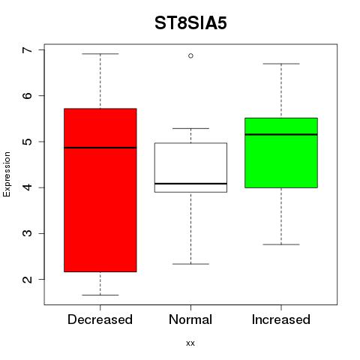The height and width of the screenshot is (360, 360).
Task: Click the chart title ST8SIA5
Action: tap(190, 23)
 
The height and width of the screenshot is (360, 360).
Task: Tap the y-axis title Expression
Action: tap(7, 174)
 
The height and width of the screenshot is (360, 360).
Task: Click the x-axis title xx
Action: tap(190, 343)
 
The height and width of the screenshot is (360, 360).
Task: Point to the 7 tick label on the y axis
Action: tap(28, 50)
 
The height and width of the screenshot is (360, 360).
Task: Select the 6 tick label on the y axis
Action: tap(28, 96)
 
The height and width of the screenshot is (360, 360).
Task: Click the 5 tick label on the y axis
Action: tap(28, 142)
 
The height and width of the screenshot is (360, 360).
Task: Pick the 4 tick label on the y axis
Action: tap(28, 187)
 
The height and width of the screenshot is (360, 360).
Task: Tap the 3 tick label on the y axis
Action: tap(28, 233)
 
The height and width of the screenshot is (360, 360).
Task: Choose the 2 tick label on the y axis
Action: tap(28, 279)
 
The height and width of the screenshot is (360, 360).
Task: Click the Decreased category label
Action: tap(100, 319)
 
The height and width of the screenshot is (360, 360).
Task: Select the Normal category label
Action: tap(190, 319)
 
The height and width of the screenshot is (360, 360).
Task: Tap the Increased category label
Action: tap(281, 319)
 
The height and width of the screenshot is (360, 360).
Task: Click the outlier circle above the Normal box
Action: tap(190, 55)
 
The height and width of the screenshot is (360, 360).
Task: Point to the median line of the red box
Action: tap(100, 148)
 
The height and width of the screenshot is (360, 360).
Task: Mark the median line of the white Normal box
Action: tap(190, 184)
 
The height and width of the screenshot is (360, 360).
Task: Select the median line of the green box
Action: tap(281, 134)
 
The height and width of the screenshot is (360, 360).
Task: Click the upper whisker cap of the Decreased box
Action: tap(100, 54)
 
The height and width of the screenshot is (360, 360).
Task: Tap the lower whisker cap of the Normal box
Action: tap(190, 264)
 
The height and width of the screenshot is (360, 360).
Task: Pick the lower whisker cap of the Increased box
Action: tap(281, 244)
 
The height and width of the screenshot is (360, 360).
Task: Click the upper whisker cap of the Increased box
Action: tap(281, 64)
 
